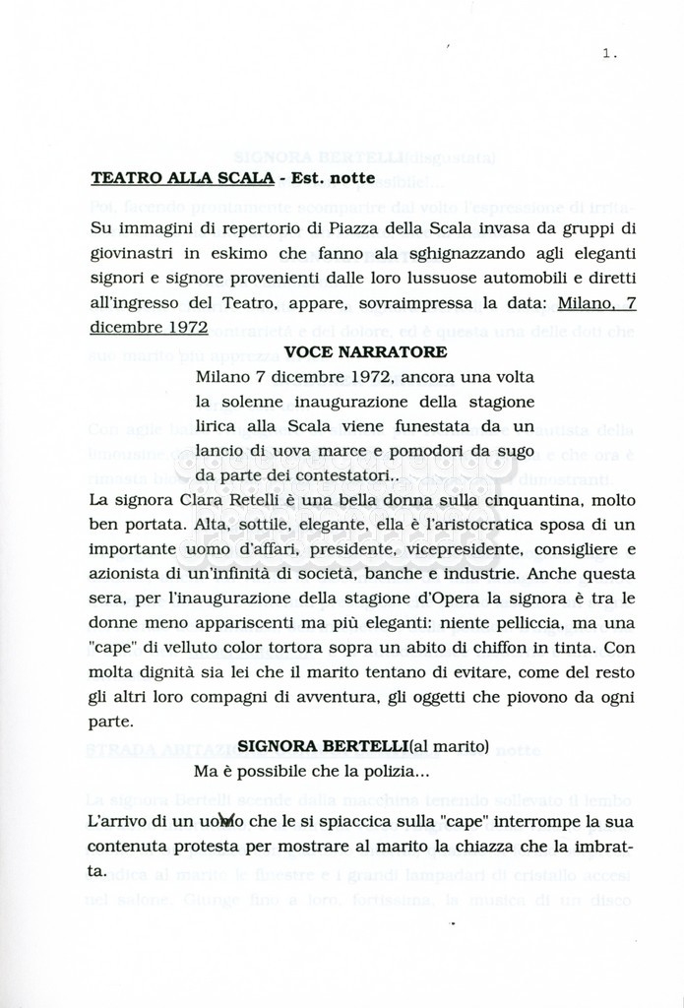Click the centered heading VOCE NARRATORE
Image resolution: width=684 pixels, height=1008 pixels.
pos(365,351)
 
